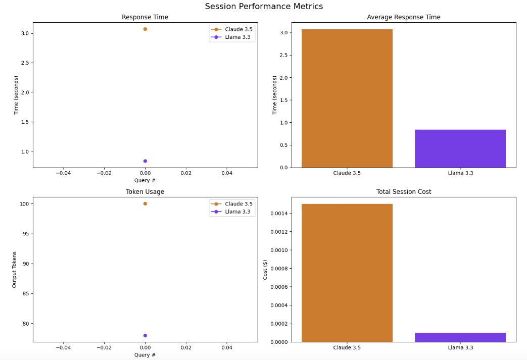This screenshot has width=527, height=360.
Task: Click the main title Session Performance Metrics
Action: [x=263, y=7]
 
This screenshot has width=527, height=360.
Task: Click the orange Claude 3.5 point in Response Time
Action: [x=145, y=29]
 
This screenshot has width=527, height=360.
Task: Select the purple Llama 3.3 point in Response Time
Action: [x=145, y=161]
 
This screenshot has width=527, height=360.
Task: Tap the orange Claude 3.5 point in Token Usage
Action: [x=145, y=203]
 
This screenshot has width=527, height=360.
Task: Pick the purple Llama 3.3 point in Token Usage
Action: [x=145, y=335]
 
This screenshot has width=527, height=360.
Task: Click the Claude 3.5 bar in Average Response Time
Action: [x=347, y=98]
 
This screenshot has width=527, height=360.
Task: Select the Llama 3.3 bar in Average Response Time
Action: [x=460, y=148]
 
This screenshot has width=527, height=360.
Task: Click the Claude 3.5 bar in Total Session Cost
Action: [x=347, y=273]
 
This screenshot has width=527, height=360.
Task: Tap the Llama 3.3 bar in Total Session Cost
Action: [x=460, y=337]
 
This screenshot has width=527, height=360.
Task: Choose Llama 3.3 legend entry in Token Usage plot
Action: [x=238, y=212]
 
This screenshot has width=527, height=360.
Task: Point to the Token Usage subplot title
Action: [x=145, y=192]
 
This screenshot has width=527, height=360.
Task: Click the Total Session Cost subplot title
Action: [x=403, y=192]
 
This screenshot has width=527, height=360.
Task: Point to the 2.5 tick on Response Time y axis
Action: [x=24, y=63]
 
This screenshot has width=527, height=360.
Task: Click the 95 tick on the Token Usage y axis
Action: [x=25, y=234]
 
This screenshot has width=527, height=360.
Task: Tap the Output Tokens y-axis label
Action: [x=15, y=270]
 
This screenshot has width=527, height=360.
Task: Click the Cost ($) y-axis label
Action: [x=265, y=270]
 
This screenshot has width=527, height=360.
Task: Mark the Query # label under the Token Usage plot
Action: [x=145, y=355]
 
